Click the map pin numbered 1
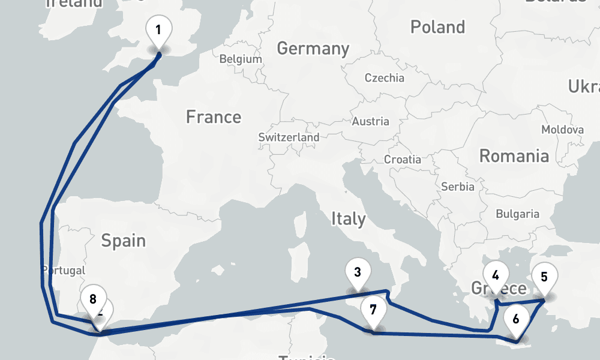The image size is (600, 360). click(x=158, y=30)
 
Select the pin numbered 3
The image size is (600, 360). click(x=358, y=273)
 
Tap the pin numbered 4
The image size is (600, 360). click(x=496, y=276)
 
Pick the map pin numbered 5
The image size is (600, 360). click(x=544, y=277)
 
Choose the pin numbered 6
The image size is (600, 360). click(x=516, y=320)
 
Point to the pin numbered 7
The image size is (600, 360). click(x=373, y=310)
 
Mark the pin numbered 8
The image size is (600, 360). click(x=92, y=299)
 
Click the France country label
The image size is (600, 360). click(x=214, y=117)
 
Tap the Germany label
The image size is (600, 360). click(x=313, y=49)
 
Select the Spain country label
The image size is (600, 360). click(x=123, y=241)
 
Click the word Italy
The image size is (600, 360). click(x=349, y=220)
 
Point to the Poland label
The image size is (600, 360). click(x=437, y=27)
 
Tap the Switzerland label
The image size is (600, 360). click(x=289, y=137)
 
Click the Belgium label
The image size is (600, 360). click(x=241, y=59)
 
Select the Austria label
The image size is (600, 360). click(x=370, y=122)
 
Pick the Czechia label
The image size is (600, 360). click(x=385, y=78)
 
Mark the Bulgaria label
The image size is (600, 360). click(x=517, y=214)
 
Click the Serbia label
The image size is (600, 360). click(x=458, y=187)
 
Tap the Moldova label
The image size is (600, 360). click(x=562, y=130)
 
